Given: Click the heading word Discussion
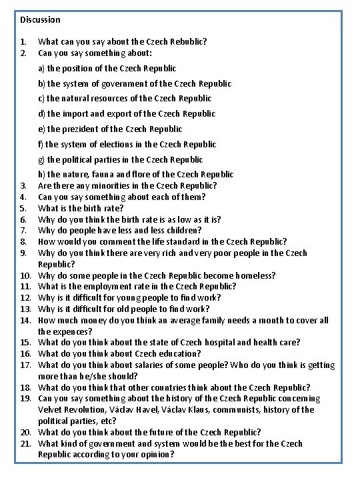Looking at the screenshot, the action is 40,20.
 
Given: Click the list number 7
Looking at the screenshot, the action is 23,231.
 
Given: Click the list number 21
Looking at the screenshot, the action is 27,444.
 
